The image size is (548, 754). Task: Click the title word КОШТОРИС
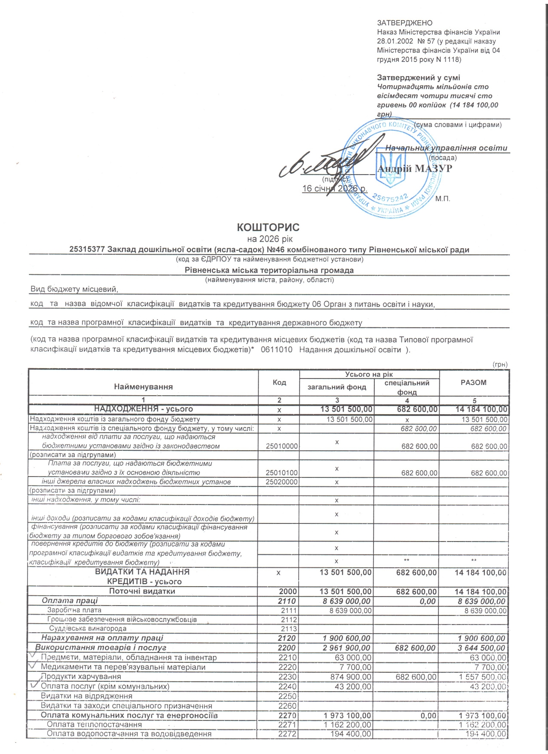268,227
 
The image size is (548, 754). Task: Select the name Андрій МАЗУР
415,169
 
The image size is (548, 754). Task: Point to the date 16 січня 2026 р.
334,188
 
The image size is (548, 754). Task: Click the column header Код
279,382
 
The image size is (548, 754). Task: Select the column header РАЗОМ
474,382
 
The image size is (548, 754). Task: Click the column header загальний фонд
337,387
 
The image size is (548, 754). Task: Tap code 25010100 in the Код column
282,473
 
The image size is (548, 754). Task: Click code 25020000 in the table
282,482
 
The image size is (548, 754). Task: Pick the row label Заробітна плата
74,610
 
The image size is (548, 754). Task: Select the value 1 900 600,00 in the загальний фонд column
346,638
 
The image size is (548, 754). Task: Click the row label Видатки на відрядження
86,696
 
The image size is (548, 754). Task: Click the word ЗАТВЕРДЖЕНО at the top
404,23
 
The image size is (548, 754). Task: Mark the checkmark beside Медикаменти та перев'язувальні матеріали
33,665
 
